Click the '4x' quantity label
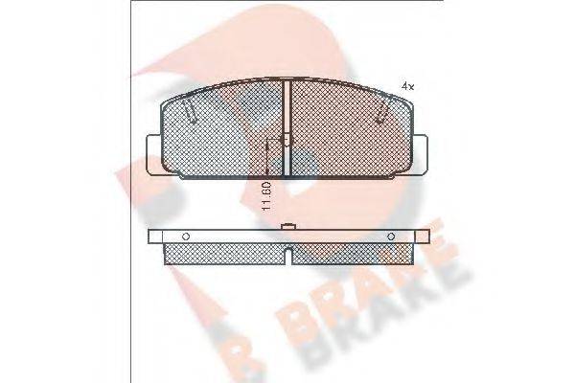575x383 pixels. pos(406,87)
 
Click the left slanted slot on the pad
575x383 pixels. pos(192,118)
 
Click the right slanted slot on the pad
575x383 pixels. pos(384,118)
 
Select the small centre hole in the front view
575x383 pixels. pos(286,140)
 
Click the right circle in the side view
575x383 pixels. pos(391,236)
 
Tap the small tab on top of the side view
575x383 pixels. pos(287,227)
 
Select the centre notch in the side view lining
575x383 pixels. pos(288,255)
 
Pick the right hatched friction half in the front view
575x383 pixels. pos(350,134)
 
